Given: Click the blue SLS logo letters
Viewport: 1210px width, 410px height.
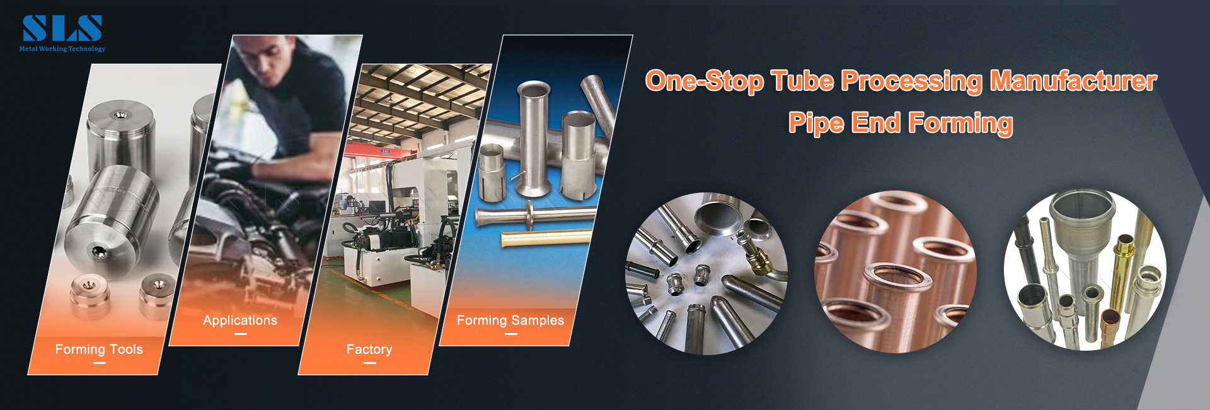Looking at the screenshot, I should pyautogui.click(x=62, y=29).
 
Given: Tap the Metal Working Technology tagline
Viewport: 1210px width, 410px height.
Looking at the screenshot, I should pyautogui.click(x=62, y=49).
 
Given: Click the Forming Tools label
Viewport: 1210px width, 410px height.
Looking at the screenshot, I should pyautogui.click(x=99, y=349).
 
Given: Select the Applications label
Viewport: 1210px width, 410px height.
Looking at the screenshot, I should pyautogui.click(x=240, y=320).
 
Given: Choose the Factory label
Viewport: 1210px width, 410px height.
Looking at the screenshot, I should pyautogui.click(x=369, y=349).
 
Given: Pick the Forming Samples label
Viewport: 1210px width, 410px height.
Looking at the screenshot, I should pyautogui.click(x=510, y=320).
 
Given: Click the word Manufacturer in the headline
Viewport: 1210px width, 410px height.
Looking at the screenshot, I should pyautogui.click(x=1073, y=81).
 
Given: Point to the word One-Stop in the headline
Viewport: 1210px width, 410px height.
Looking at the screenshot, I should pyautogui.click(x=704, y=81).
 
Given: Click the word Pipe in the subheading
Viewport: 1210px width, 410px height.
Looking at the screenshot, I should pyautogui.click(x=816, y=122).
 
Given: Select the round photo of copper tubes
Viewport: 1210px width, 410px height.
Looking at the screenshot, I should pyautogui.click(x=896, y=272).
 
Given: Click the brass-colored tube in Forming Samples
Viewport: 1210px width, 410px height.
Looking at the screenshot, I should pyautogui.click(x=546, y=238).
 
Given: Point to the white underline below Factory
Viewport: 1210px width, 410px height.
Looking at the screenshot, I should pyautogui.click(x=369, y=363).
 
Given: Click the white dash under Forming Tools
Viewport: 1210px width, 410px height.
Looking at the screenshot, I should pyautogui.click(x=99, y=363).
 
